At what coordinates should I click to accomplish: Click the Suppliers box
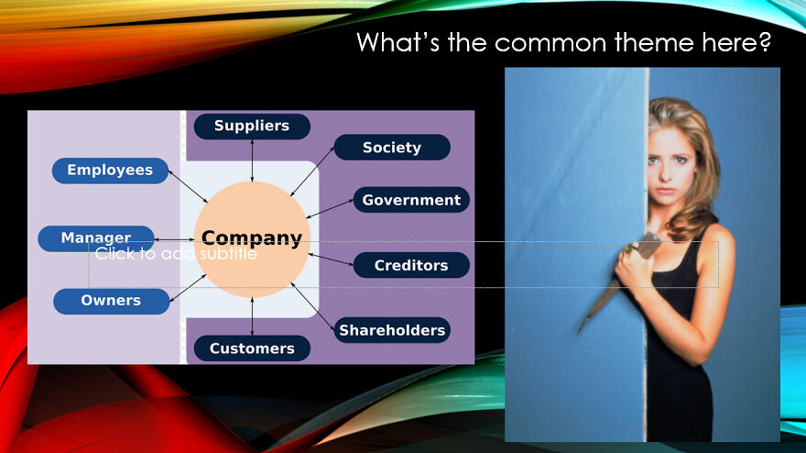coord(252,127)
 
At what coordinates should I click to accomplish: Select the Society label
coord(392,148)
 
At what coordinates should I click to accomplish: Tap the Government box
coord(411,200)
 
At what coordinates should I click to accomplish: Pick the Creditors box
coord(411,265)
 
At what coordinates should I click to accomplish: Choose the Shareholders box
coord(392,330)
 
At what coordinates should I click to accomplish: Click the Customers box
coord(252,348)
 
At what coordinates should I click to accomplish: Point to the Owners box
coord(111,301)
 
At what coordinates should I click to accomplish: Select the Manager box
coord(96,238)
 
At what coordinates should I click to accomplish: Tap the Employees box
coord(110,171)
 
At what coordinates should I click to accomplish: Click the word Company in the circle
coord(252,238)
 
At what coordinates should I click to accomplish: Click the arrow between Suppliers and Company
coord(252,160)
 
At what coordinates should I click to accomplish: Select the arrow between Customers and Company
coord(252,316)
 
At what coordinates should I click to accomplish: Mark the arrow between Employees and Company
coord(188,187)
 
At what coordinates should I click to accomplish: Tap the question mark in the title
coord(766,41)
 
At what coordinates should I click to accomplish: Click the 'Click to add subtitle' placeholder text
coord(176,253)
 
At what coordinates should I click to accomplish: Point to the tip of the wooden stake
coord(578,332)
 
